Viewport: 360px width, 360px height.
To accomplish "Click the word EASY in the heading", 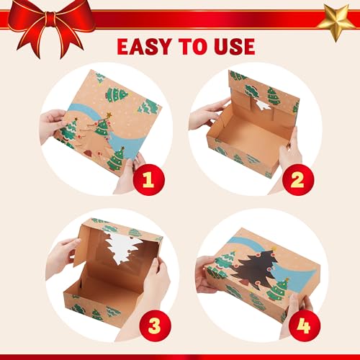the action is coord(144,46).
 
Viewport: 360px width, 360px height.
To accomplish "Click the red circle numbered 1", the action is coord(148,179).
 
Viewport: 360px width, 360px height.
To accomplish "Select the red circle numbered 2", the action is coord(298,179).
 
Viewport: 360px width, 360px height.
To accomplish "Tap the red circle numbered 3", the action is coord(155,325).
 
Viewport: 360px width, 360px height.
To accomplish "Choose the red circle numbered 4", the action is coord(304,325).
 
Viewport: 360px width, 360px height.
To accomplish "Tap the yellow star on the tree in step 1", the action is coord(109,115).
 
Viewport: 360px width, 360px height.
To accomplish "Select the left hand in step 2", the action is coord(207,115).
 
